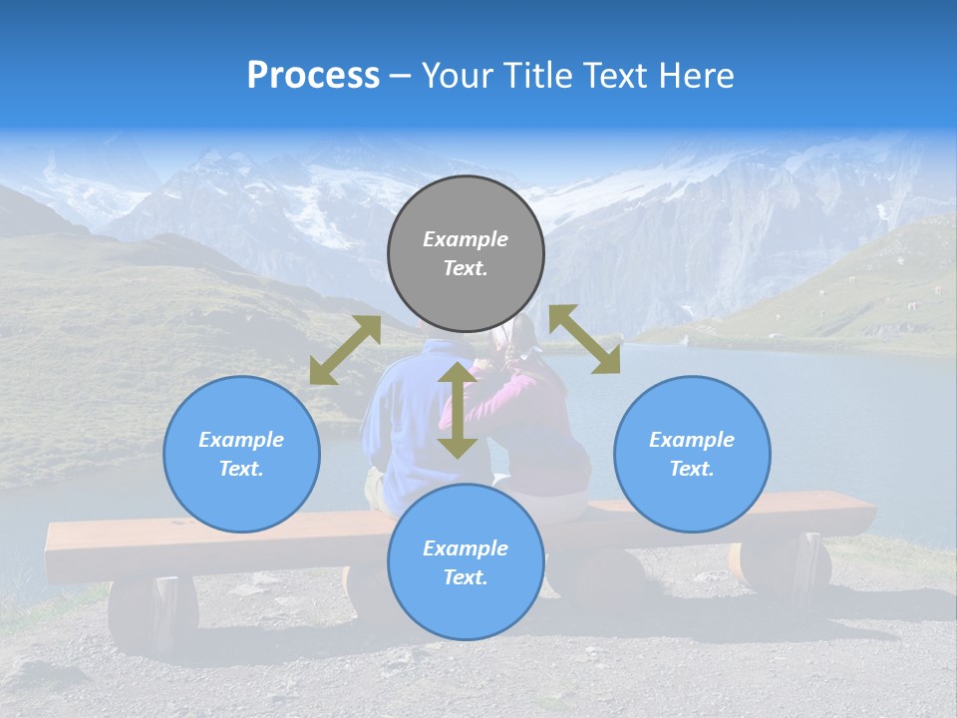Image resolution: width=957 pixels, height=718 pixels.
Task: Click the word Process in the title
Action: coord(313,76)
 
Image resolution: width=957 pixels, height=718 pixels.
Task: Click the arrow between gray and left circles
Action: coord(345,350)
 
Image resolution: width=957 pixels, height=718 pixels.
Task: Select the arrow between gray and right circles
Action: coord(585,339)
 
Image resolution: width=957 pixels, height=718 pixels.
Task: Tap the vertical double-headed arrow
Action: coord(458,410)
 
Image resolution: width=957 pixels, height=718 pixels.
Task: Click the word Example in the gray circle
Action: coord(466,239)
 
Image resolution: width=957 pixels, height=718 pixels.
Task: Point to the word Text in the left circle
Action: coord(241,469)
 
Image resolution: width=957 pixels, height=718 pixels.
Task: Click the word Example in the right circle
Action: coord(692,440)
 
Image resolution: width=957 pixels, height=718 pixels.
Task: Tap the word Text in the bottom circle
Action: coord(466,577)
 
